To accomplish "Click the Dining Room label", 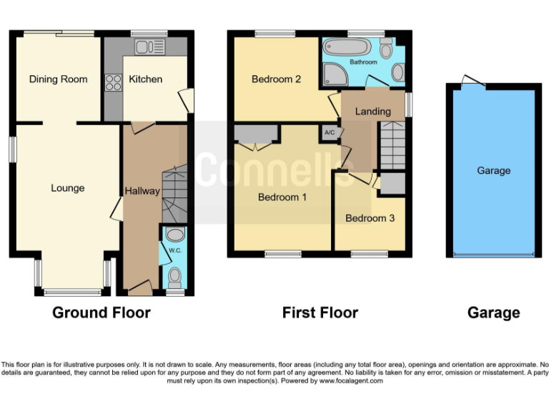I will pyautogui.click(x=58, y=79).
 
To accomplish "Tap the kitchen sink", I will pyautogui.click(x=150, y=47).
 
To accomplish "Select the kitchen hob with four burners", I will pyautogui.click(x=113, y=82).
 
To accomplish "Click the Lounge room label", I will pyautogui.click(x=68, y=188).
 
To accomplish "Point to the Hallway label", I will pyautogui.click(x=142, y=191).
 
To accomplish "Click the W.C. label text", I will pyautogui.click(x=174, y=250).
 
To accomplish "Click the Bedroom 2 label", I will pyautogui.click(x=276, y=79).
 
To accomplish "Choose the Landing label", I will pyautogui.click(x=372, y=111).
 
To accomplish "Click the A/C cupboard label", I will pyautogui.click(x=330, y=133).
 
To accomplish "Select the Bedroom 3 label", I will pyautogui.click(x=370, y=218).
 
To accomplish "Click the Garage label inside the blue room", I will pyautogui.click(x=493, y=170).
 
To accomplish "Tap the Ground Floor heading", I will pyautogui.click(x=101, y=313).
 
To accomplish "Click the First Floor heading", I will pyautogui.click(x=320, y=313).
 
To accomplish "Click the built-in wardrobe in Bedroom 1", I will pyautogui.click(x=255, y=133).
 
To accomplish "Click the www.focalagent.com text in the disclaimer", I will pyautogui.click(x=351, y=381).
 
